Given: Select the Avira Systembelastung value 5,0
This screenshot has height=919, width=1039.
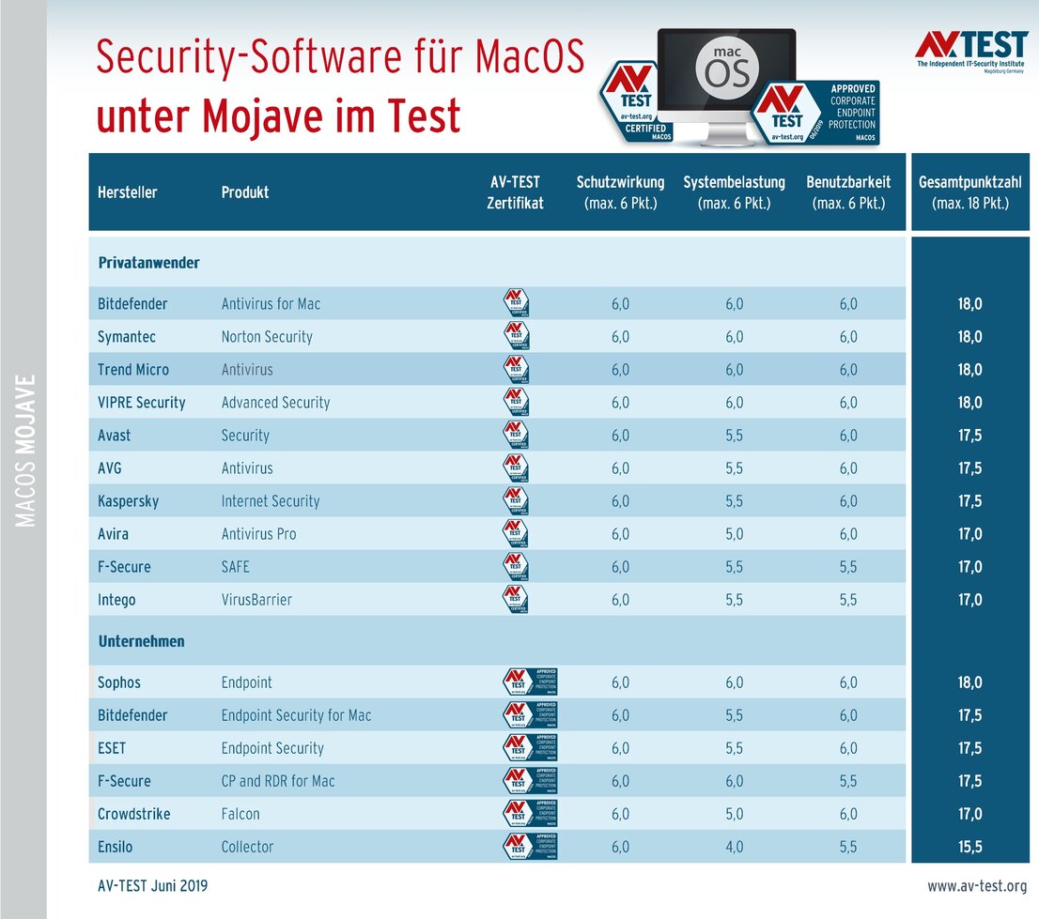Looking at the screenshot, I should coord(734,534).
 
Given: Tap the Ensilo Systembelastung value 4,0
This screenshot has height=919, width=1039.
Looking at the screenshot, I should coord(734,847).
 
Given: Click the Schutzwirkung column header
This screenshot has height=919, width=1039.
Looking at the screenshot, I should coord(620,191).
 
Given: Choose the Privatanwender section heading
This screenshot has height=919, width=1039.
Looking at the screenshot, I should coord(148,263).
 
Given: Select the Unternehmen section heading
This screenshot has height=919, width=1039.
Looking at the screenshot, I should coord(141,642).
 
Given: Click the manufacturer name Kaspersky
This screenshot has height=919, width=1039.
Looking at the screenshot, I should coord(128,501).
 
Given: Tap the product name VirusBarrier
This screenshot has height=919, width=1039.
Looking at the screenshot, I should coord(256,600).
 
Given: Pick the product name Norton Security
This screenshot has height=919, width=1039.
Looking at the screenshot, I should coord(267,337).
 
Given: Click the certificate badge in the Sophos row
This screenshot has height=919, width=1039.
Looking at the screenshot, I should coord(531,682).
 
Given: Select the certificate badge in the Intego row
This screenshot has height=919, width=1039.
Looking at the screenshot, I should coord(516,599).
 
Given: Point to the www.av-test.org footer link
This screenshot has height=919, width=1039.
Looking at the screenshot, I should coord(977,886).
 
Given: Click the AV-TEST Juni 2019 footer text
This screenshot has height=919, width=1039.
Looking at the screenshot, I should coord(152,886).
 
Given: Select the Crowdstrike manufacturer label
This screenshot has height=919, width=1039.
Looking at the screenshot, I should coord(133,814).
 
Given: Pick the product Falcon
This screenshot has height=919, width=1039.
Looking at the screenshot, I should coord(240,814).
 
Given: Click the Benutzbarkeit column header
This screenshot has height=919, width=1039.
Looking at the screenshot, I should coord(848,191).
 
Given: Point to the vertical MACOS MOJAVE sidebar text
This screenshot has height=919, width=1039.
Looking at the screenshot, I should coord(26,451).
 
